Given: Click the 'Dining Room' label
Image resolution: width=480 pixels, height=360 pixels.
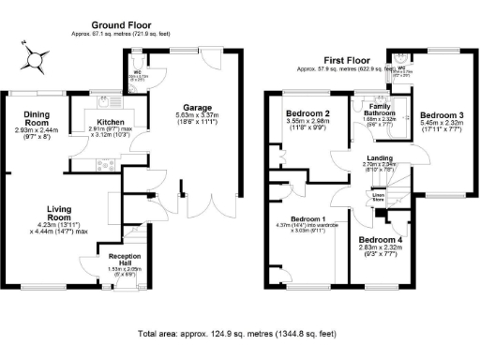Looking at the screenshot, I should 37,118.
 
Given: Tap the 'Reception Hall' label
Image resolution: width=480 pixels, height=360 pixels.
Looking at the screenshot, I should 125,260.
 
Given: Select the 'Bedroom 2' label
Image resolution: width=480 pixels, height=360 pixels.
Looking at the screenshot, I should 307,112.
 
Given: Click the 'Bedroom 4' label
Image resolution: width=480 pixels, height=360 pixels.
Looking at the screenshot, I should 381,239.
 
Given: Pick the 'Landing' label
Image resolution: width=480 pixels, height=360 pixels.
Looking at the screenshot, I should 381,157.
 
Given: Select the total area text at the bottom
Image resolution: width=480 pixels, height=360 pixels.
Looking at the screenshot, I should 236,333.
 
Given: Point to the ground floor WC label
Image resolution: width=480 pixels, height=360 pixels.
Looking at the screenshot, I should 137,70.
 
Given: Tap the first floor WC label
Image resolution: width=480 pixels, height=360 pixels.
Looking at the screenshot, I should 402,68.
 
